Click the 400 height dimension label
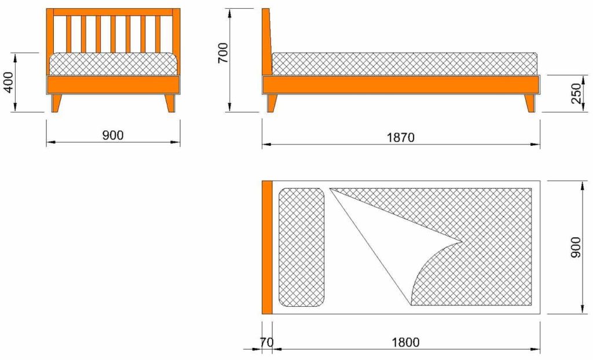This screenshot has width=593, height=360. click(8, 82)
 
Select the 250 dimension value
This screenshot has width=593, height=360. click(576, 93)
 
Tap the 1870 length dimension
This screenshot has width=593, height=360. click(400, 137)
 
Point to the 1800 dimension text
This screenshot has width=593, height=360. click(405, 342)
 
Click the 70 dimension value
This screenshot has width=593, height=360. click(266, 342)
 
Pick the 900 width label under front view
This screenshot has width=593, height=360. click(113, 135)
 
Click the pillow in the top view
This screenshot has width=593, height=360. click(301, 247)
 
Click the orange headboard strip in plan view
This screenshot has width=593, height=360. click(267, 247)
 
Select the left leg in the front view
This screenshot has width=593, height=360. click(56, 103)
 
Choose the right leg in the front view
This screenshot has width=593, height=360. click(170, 103)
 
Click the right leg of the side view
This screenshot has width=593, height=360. click(529, 103)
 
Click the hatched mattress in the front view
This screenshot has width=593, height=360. click(113, 64)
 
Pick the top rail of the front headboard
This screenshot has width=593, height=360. click(113, 12)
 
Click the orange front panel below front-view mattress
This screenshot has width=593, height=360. click(113, 85)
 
